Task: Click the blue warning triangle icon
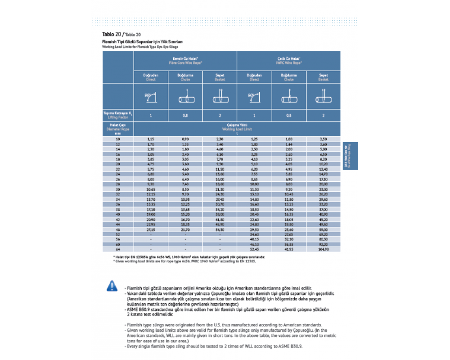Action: pyautogui.click(x=111, y=285)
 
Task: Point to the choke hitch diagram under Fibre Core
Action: pyautogui.click(x=185, y=96)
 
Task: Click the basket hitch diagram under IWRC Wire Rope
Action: pyautogui.click(x=323, y=96)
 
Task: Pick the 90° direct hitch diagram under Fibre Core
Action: pyautogui.click(x=151, y=96)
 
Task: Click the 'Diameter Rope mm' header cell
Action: pyautogui.click(x=118, y=129)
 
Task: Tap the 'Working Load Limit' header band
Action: pyautogui.click(x=237, y=129)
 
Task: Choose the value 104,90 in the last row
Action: pyautogui.click(x=323, y=249)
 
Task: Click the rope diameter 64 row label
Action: pyautogui.click(x=118, y=249)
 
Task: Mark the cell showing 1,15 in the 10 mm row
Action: pyautogui.click(x=151, y=139)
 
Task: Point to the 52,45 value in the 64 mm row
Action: pyautogui.click(x=254, y=249)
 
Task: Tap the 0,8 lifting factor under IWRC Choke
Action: pyautogui.click(x=288, y=115)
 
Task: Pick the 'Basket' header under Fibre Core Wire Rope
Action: pyautogui.click(x=220, y=77)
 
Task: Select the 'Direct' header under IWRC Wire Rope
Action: pyautogui.click(x=254, y=77)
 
